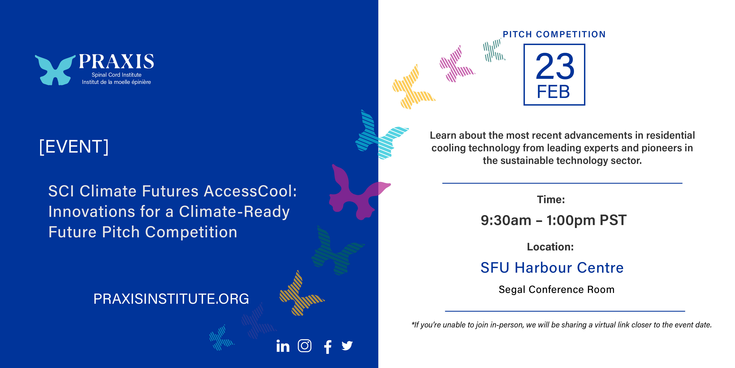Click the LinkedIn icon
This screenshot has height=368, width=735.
tap(283, 346)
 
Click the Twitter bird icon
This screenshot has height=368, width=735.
tap(347, 346)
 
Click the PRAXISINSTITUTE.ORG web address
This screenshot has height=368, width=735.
tap(171, 299)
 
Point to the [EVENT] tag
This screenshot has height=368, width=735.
tap(74, 147)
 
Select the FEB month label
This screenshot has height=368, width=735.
tap(553, 92)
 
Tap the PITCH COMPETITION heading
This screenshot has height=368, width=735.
tap(554, 34)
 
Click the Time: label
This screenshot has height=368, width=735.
tap(551, 199)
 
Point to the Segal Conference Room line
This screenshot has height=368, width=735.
tap(556, 290)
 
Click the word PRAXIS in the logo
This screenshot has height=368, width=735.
tap(116, 61)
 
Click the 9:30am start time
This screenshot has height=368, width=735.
tap(506, 220)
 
